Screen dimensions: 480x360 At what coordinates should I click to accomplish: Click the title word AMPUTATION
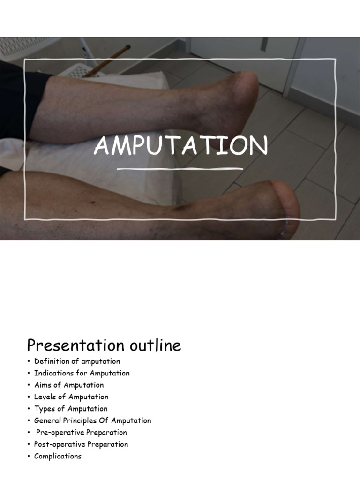pos(180,146)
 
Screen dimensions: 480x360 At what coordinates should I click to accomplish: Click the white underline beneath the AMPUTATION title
pos(180,168)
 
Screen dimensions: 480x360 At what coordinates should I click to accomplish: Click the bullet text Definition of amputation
pos(77,361)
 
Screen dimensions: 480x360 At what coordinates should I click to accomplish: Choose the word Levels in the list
pos(45,397)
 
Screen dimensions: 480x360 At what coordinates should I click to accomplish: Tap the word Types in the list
pos(44,409)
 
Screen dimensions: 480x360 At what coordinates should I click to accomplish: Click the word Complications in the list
pos(58,456)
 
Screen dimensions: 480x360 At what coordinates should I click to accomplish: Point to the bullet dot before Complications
pos(29,456)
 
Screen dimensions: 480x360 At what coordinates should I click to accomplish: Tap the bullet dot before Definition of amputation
pos(29,361)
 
